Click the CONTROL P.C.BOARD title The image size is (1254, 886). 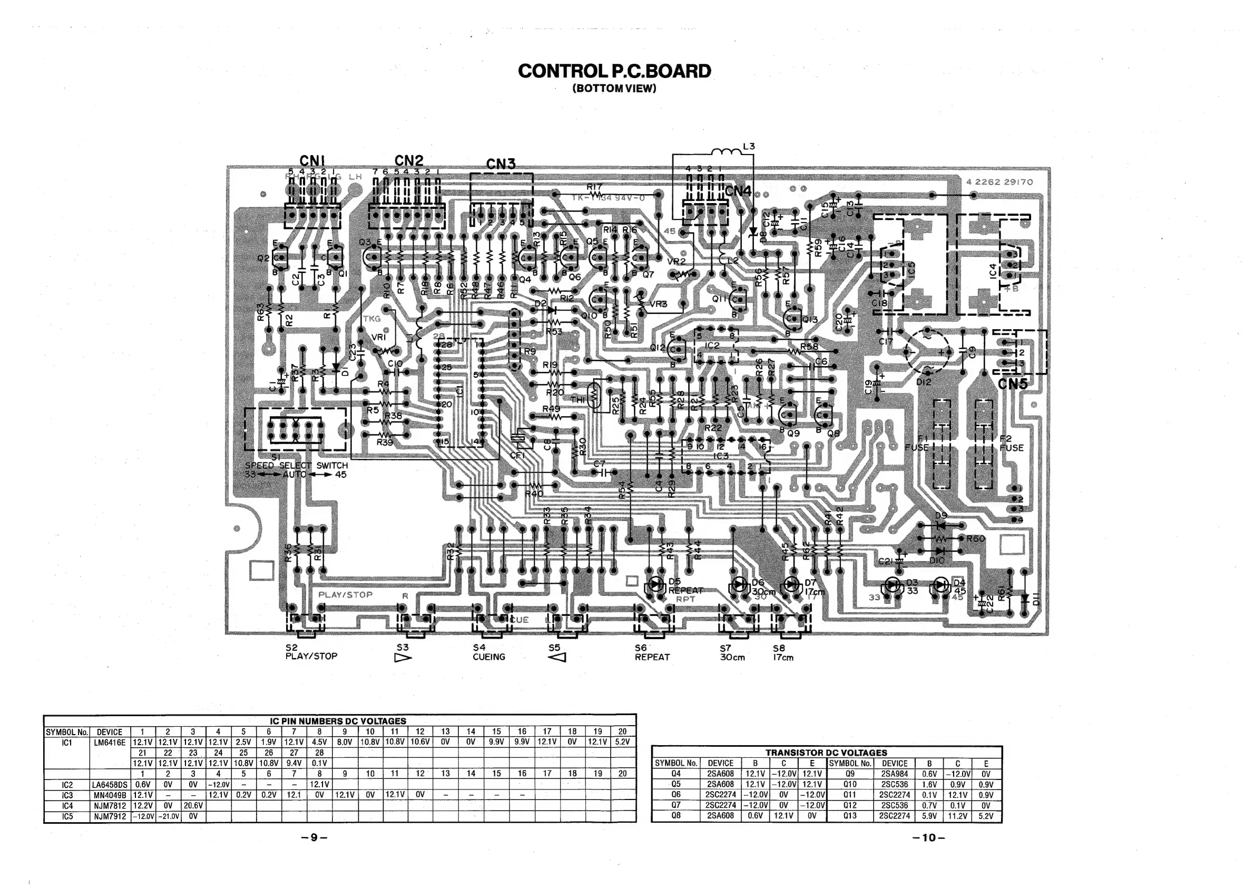click(x=614, y=71)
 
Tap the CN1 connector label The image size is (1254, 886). click(x=312, y=160)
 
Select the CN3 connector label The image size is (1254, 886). click(x=501, y=164)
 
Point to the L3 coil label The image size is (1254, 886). click(x=748, y=147)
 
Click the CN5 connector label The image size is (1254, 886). click(x=1013, y=384)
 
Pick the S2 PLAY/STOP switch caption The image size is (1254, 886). click(x=311, y=652)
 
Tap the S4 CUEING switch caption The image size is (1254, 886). click(x=489, y=652)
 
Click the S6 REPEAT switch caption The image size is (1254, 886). click(x=652, y=652)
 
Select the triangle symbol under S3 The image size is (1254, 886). click(x=403, y=658)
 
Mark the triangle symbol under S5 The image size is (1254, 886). click(x=556, y=658)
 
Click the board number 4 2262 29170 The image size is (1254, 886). click(x=1000, y=182)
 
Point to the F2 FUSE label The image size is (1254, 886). click(x=1012, y=444)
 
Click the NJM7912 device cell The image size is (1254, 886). click(x=109, y=816)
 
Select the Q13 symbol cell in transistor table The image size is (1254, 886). click(x=850, y=815)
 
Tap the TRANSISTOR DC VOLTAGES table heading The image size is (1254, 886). click(x=826, y=753)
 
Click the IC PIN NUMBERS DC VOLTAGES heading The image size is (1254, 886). click(x=339, y=721)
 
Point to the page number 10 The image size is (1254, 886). click(x=929, y=837)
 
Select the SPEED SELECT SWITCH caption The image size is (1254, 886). click(x=296, y=466)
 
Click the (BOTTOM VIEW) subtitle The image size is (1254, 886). click(x=614, y=89)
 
